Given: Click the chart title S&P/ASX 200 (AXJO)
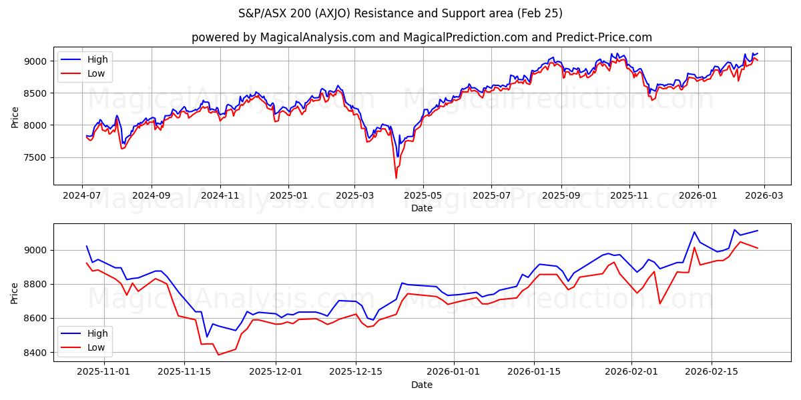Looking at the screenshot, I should point(400,13).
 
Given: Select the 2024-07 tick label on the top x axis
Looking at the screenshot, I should point(82,195).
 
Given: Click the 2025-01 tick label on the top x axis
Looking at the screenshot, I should point(288,195).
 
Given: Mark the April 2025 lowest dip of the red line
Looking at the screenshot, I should point(396,178).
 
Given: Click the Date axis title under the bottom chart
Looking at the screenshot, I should point(421,385).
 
